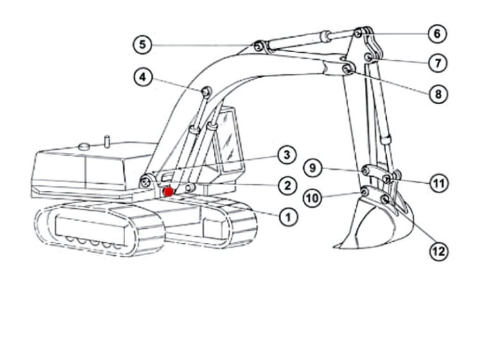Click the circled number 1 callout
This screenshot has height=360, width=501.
pyautogui.click(x=288, y=217)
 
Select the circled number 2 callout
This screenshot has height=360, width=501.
pyautogui.click(x=287, y=185)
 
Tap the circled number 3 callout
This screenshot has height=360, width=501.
pyautogui.click(x=287, y=155)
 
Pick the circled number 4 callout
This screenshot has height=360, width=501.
pyautogui.click(x=143, y=77)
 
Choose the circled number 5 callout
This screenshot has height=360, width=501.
pyautogui.click(x=142, y=44)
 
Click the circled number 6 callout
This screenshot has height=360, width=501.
pyautogui.click(x=437, y=33)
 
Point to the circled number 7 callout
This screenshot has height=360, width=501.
pyautogui.click(x=438, y=62)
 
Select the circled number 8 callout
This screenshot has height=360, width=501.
pyautogui.click(x=438, y=94)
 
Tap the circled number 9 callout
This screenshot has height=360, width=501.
pyautogui.click(x=313, y=168)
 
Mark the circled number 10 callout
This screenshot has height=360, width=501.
pyautogui.click(x=313, y=198)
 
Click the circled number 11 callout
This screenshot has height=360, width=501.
pyautogui.click(x=439, y=183)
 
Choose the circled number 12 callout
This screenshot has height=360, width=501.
pyautogui.click(x=439, y=251)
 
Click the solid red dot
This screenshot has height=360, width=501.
pyautogui.click(x=168, y=192)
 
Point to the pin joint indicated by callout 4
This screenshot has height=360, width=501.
pyautogui.click(x=206, y=91)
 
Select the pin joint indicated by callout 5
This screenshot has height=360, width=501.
pyautogui.click(x=258, y=48)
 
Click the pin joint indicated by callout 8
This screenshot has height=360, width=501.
pyautogui.click(x=347, y=68)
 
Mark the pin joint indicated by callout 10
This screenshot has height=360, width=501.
pyautogui.click(x=364, y=191)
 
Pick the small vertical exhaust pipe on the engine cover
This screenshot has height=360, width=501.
pyautogui.click(x=107, y=141)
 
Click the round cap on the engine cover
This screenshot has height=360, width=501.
pyautogui.click(x=85, y=147)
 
